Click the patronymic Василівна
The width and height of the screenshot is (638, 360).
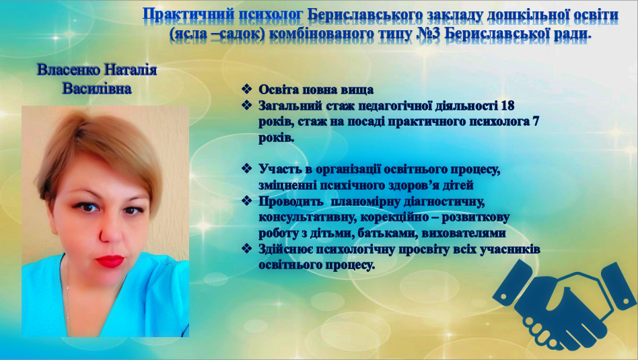point(97,89)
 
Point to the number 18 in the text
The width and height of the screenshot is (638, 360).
point(507,106)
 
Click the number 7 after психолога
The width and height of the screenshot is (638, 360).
point(536,122)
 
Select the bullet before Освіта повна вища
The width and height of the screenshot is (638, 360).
point(246,89)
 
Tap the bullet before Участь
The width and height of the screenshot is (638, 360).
point(246,168)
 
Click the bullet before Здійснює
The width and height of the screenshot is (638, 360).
point(246,248)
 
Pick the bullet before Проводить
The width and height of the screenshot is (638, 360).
point(246,201)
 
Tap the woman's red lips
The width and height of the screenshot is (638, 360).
point(110,260)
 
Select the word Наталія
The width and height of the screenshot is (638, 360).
point(131,70)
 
